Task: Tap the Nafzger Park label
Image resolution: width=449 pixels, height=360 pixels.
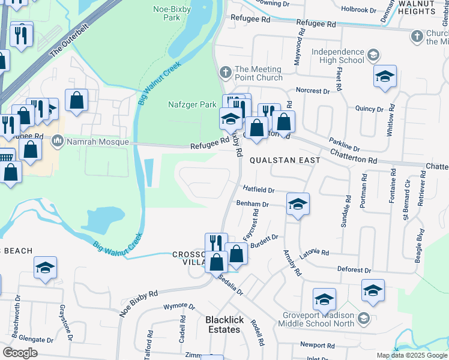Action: (191, 104)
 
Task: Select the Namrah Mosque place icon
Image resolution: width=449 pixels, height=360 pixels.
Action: (58, 141)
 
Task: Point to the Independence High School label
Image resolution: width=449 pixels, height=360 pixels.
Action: (338, 56)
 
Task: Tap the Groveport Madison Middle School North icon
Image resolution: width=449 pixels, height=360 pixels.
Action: (363, 318)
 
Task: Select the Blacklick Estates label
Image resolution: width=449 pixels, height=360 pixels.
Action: (225, 325)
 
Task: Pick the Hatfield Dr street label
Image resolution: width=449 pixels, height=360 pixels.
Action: (258, 190)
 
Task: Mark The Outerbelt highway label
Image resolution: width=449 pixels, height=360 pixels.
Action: (65, 45)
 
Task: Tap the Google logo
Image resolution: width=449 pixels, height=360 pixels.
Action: (20, 352)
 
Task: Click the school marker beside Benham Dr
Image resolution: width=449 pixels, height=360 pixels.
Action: (298, 204)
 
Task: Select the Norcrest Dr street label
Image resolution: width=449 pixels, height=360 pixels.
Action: (313, 91)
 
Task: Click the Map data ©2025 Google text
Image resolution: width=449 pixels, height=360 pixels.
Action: (411, 355)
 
